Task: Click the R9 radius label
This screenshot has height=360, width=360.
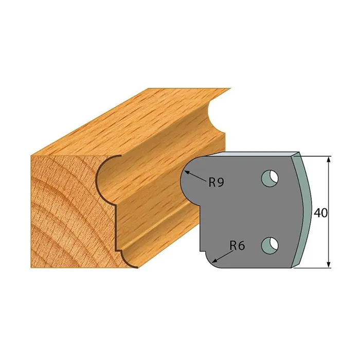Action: coord(216,183)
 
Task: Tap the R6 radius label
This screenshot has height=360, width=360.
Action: coord(238,246)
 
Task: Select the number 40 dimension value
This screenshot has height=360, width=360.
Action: coord(320,213)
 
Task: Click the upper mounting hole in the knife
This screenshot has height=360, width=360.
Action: coord(270,178)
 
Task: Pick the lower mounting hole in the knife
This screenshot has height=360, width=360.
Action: coord(270,246)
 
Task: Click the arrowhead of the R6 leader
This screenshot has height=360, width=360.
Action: coord(214,260)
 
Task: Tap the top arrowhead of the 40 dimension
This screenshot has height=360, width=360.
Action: coord(329,160)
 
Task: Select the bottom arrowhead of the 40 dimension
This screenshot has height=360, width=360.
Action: coord(329,264)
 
